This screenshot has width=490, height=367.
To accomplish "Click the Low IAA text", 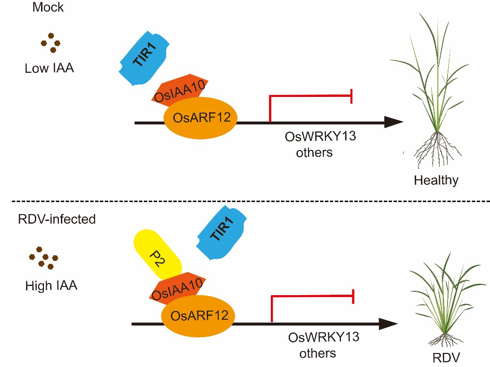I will (49, 68).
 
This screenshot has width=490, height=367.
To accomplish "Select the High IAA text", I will (51, 285).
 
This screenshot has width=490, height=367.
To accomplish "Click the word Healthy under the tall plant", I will (435, 181).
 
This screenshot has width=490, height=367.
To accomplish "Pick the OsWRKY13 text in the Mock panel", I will (314, 137).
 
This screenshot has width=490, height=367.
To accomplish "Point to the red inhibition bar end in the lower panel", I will (354, 297).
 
